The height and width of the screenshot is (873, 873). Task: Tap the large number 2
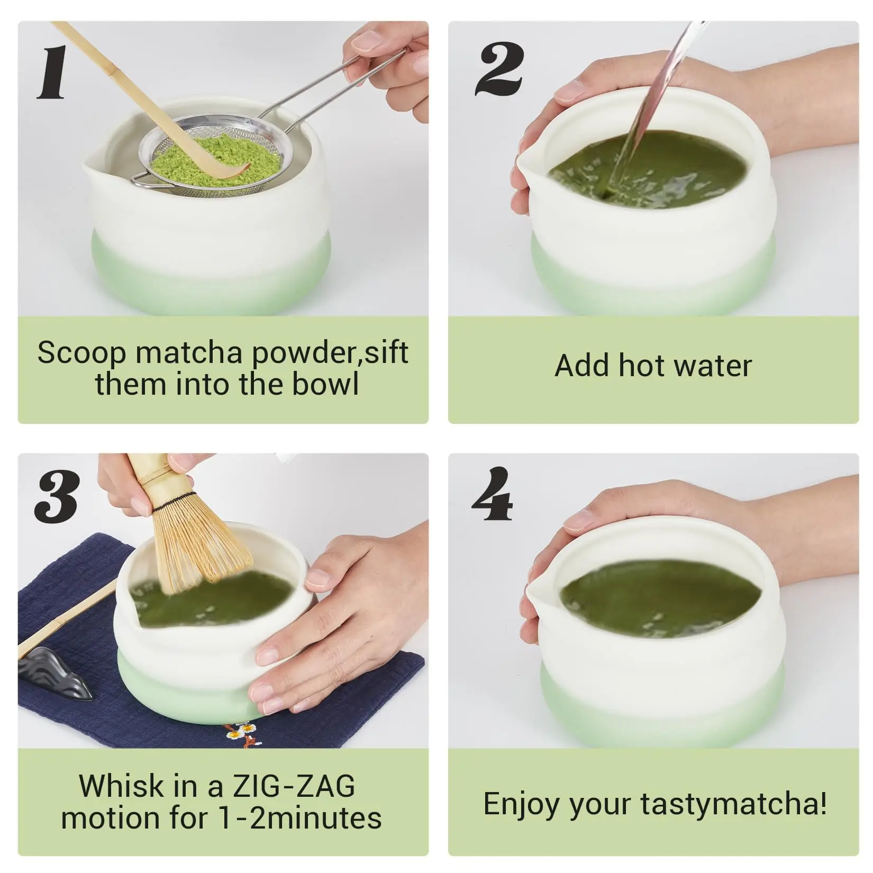point(499,69)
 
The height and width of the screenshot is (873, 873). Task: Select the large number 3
point(57,497)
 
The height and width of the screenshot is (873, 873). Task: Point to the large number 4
point(492,493)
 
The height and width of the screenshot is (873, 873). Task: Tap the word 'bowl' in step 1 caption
point(325,384)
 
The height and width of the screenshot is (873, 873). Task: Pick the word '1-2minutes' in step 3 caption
point(300,818)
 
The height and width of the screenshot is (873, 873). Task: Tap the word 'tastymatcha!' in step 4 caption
point(734,804)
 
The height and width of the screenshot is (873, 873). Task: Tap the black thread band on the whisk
point(171,498)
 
